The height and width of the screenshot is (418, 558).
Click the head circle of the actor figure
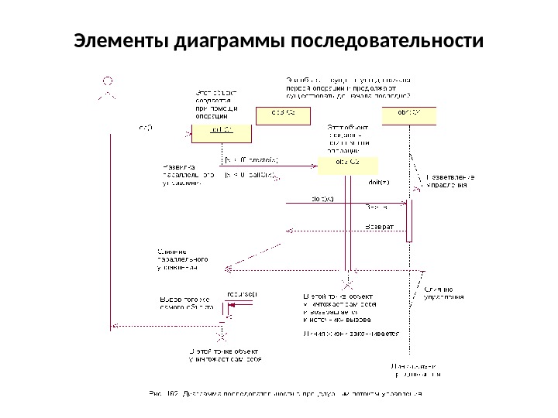(x=109, y=80)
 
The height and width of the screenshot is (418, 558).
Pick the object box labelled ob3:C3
(x=281, y=114)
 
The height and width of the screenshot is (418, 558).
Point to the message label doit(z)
(x=378, y=182)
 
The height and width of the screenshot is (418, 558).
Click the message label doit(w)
(x=322, y=198)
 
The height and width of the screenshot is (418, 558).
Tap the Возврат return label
(x=380, y=226)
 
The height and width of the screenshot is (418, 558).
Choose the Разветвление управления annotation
(x=449, y=182)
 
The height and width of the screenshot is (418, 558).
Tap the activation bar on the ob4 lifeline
(x=411, y=221)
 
